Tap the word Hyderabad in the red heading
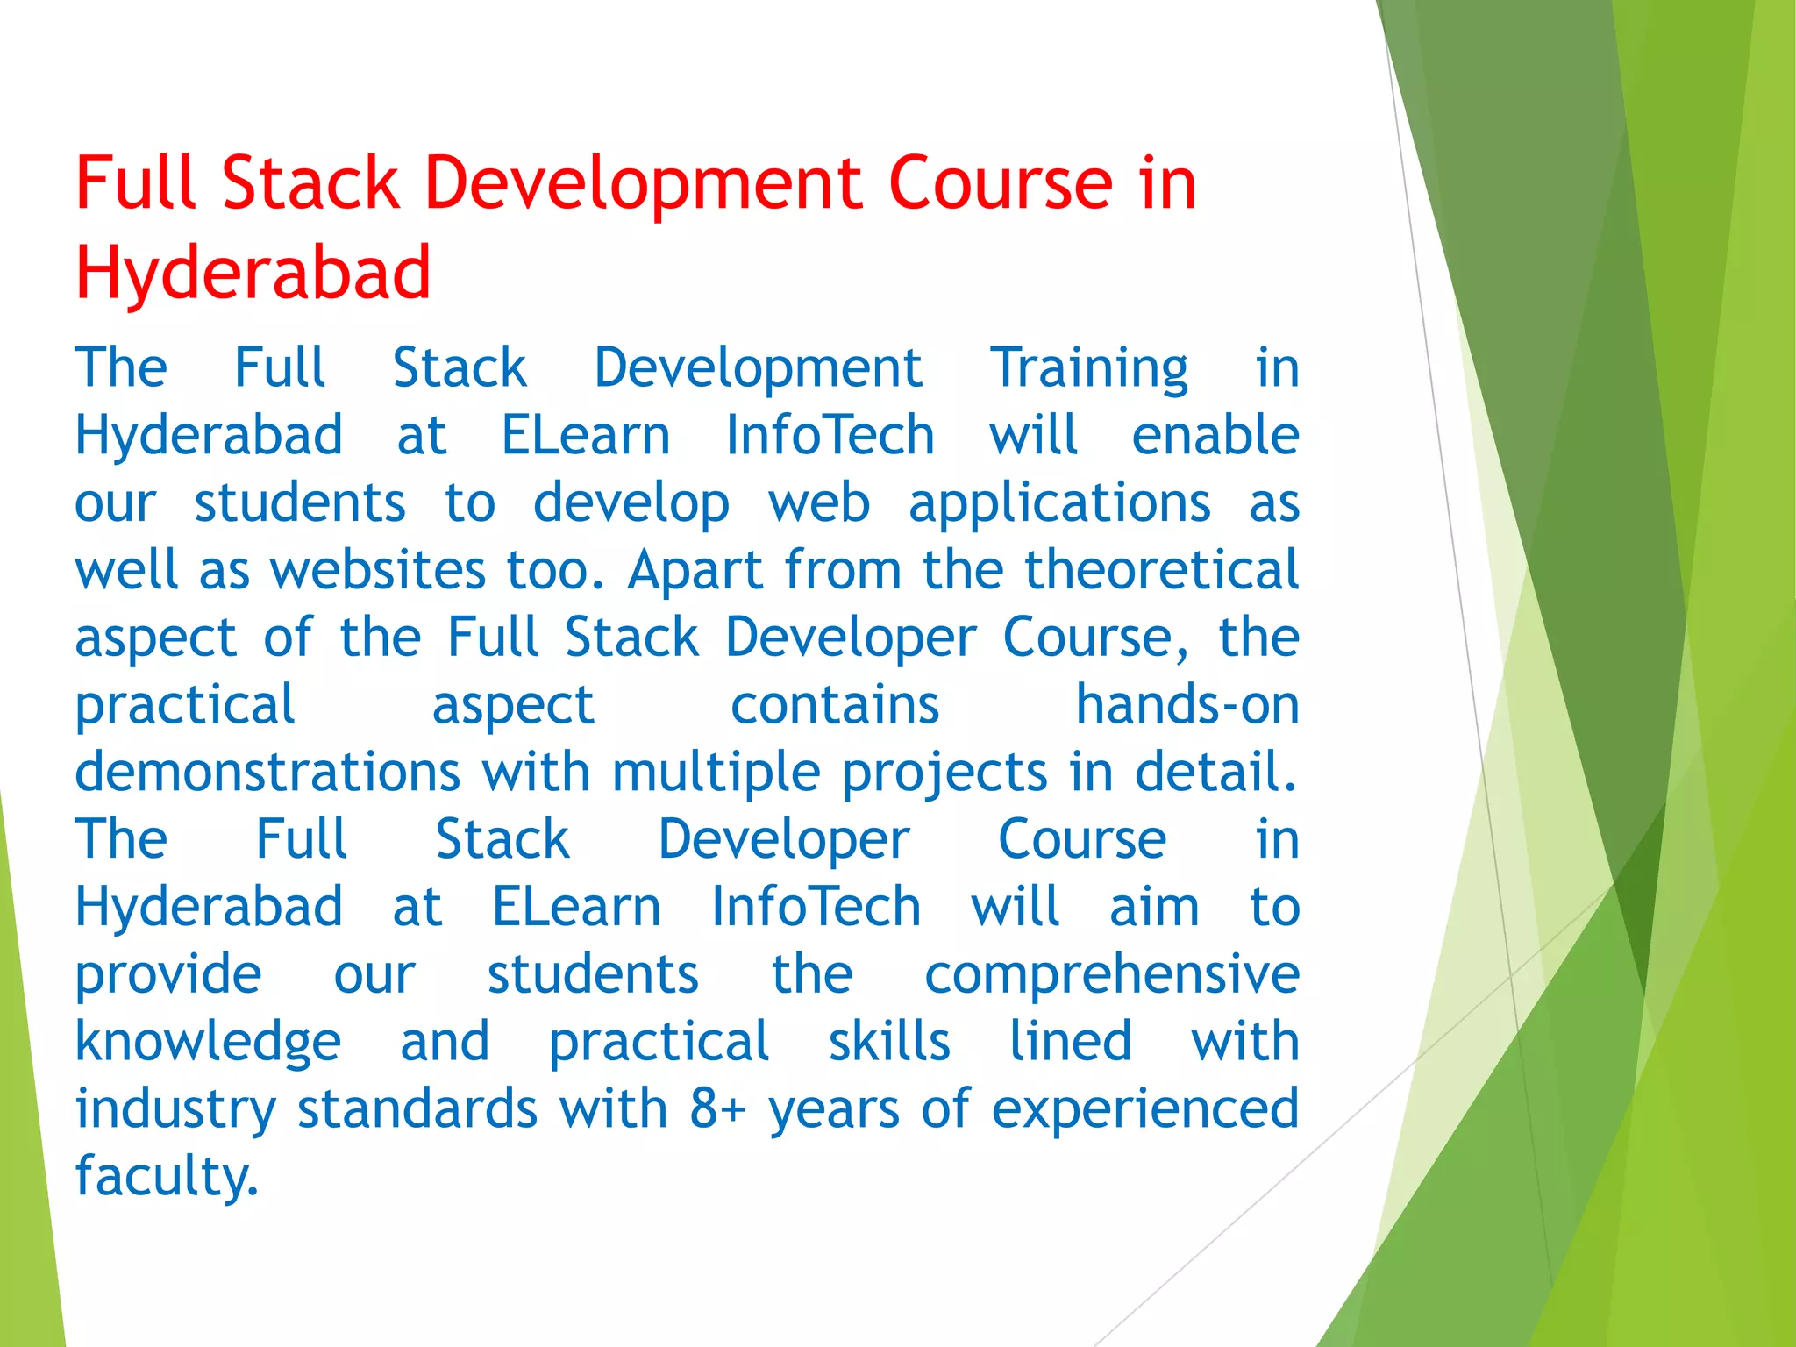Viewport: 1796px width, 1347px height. coord(253,273)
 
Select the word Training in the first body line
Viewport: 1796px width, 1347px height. coord(1089,367)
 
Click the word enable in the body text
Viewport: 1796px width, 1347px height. coord(1215,435)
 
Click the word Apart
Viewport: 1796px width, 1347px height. coord(695,570)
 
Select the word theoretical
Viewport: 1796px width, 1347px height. coord(1161,570)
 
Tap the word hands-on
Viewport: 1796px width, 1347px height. coord(1187,705)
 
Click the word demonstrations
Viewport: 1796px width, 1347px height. coord(267,773)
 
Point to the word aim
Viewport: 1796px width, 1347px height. coord(1153,907)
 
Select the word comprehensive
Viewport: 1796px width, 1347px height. coord(1111,974)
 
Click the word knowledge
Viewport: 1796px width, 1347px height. coord(208,1043)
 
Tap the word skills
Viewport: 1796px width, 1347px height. coord(889,1042)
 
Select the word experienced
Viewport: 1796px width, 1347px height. coord(1144,1109)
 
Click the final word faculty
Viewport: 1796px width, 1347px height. coord(167,1177)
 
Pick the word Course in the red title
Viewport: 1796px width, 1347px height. coord(1000,184)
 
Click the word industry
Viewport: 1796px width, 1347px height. coord(175,1109)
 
